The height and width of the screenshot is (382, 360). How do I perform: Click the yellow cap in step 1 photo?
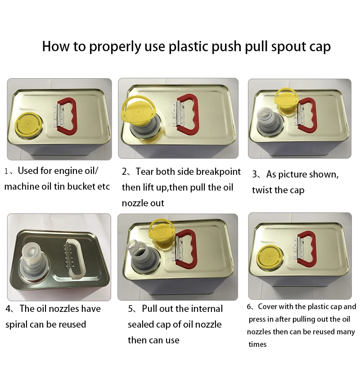pyautogui.click(x=28, y=124)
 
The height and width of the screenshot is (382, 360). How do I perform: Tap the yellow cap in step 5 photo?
pyautogui.click(x=161, y=233)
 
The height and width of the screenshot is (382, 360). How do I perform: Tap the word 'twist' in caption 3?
pyautogui.click(x=263, y=190)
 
